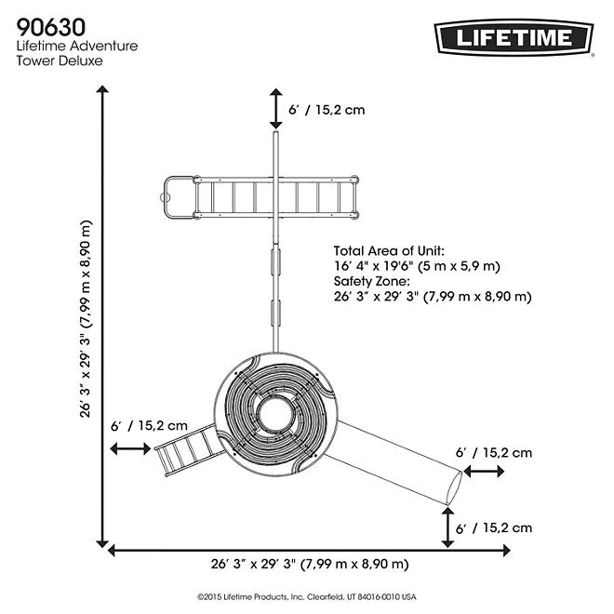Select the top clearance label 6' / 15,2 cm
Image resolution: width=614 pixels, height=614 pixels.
coord(327,110)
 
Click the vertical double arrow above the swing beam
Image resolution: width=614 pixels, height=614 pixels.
coord(275,109)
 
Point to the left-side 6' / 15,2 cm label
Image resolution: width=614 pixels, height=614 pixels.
coord(150,425)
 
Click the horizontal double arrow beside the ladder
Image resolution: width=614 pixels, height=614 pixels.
coord(129,449)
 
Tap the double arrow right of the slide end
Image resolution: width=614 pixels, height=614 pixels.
coord(483,473)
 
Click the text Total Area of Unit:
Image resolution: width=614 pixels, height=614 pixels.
coord(389,251)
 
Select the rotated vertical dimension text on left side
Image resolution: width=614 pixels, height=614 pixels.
coord(86,319)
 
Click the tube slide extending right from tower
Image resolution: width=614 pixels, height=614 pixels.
coord(400,460)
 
